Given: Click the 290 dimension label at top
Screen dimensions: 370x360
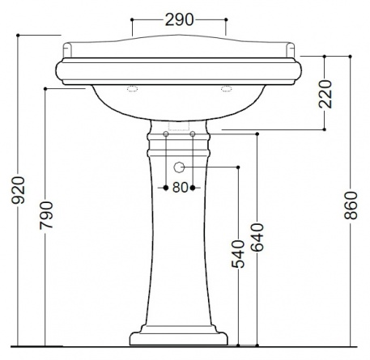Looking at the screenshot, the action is coord(180,19).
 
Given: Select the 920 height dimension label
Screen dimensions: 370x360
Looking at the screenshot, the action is coord(19,190).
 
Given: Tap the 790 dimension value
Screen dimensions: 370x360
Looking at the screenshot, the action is coord(46,215).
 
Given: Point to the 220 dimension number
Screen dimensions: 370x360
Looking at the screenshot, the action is coord(325,94).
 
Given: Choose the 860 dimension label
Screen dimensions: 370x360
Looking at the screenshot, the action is coord(351,205).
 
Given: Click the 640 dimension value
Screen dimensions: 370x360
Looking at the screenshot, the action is coord(257,238).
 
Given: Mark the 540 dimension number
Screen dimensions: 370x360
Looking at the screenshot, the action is coord(238,254).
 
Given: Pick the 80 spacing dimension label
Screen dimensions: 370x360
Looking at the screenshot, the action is coord(180,188).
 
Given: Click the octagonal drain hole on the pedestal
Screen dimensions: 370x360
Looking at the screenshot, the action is coord(179,167).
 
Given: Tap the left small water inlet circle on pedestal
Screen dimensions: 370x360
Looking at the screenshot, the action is coord(166,133).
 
